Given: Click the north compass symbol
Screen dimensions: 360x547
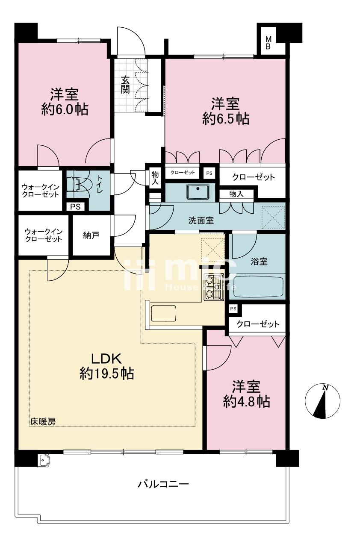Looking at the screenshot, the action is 322,400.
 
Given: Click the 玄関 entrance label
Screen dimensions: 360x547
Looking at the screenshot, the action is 125,85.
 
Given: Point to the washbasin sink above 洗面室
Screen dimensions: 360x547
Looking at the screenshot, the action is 198,192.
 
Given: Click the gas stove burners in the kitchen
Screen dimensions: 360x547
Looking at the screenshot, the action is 214,287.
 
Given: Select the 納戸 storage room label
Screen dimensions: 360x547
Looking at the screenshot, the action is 91,235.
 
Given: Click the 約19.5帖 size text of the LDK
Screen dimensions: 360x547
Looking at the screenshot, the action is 107,374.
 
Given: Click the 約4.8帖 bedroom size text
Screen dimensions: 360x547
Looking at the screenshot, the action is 246,401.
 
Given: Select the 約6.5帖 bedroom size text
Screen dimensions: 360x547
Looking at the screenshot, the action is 226,119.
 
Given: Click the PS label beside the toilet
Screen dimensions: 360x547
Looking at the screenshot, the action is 76,207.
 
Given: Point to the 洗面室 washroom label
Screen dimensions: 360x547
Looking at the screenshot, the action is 201,221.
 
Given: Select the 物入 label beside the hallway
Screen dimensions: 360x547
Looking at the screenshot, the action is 155,178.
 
